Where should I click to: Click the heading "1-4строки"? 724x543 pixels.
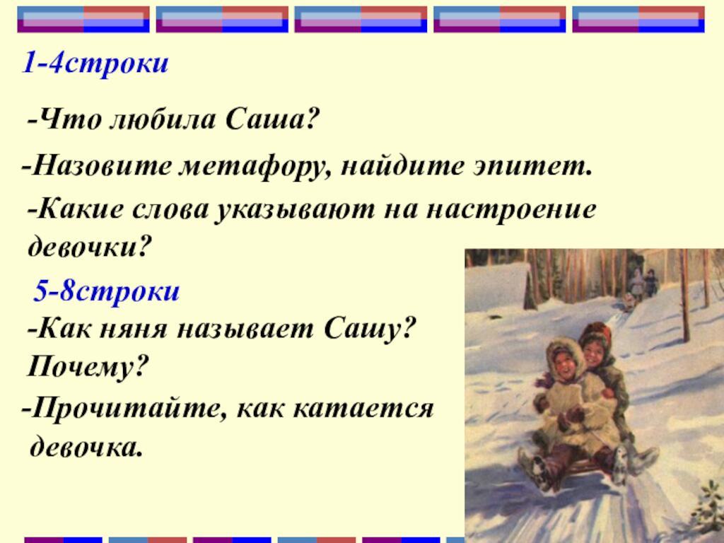[x=95, y=64]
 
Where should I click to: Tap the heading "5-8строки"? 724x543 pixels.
[x=107, y=291]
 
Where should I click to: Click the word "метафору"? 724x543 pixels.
[x=251, y=167]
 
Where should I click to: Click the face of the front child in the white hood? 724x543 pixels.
[x=564, y=361]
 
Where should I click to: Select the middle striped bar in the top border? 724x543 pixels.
[x=361, y=19]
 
